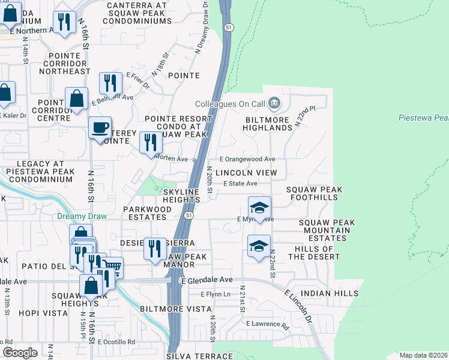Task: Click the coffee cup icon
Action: [x=100, y=128]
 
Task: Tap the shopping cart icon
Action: [x=112, y=266]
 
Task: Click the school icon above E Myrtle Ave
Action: [x=259, y=208]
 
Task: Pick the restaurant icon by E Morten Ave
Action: [x=150, y=143]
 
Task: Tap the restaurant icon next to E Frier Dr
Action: [x=110, y=83]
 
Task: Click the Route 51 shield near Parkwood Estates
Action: [x=189, y=215]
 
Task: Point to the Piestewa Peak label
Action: [x=423, y=118]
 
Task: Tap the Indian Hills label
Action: [x=324, y=293]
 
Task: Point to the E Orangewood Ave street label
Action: [x=247, y=160]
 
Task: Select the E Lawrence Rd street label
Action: [x=267, y=324]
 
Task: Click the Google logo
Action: [x=19, y=353]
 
